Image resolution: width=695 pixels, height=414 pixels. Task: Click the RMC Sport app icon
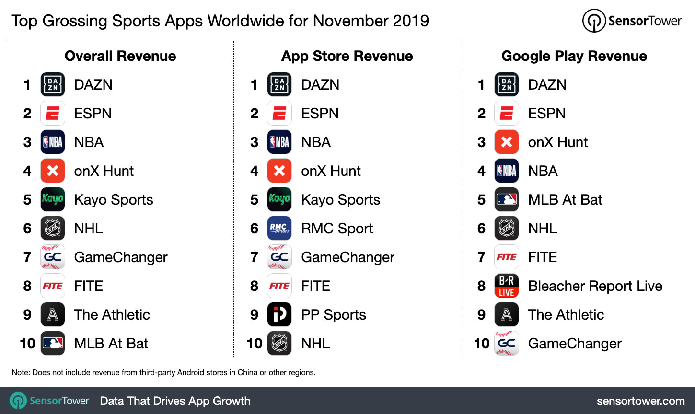point(279,228)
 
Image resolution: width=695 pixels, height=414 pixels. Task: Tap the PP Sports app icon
point(279,314)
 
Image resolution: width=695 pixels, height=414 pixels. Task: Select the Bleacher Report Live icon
point(507,286)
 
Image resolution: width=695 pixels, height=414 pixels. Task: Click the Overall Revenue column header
point(120,56)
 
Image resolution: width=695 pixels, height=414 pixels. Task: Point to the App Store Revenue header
point(347,56)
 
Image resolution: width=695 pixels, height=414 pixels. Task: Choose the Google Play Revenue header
point(574,56)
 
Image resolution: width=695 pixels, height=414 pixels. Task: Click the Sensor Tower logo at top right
point(632,21)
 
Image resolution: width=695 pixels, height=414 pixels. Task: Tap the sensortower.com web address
point(640,401)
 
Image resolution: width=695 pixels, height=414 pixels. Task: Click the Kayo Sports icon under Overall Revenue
point(53,199)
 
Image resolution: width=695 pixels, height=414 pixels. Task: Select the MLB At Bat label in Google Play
point(565,199)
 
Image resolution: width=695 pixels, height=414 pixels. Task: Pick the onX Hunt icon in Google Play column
point(507,142)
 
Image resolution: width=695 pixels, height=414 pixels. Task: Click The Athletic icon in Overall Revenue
point(53,314)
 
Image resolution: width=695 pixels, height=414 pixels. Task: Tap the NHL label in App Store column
point(315,343)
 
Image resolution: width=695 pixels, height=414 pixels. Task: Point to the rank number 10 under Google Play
point(481,343)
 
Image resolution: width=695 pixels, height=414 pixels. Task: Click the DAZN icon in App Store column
point(279,84)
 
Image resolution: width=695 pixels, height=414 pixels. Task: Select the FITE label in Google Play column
point(542,257)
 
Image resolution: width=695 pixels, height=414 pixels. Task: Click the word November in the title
point(343,21)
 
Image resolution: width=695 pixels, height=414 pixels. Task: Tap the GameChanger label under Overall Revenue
point(121,257)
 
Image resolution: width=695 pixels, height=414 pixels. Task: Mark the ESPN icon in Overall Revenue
point(53,113)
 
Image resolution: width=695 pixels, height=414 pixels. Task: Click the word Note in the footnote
point(21,372)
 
